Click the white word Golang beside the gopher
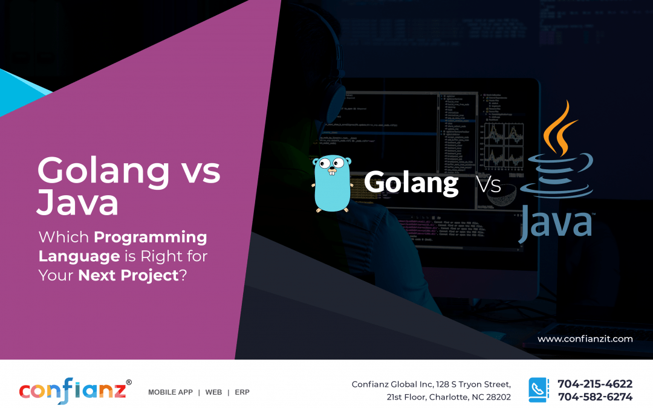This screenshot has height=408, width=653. tap(411, 182)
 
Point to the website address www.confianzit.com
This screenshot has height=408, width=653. tap(585, 339)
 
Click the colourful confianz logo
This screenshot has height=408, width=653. tap(72, 390)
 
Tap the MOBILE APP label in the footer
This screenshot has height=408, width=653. tap(170, 392)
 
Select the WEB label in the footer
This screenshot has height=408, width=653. tap(213, 392)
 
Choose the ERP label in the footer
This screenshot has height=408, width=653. tap(242, 392)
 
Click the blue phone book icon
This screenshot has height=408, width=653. tap(538, 390)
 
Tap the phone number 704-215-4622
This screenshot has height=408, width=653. tap(595, 384)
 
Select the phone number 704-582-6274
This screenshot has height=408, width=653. tap(595, 397)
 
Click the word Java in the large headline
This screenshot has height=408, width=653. tap(77, 203)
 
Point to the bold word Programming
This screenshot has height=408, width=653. tap(150, 238)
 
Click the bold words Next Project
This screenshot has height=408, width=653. tap(128, 275)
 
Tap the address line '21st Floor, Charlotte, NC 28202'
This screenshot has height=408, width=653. tap(449, 397)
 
